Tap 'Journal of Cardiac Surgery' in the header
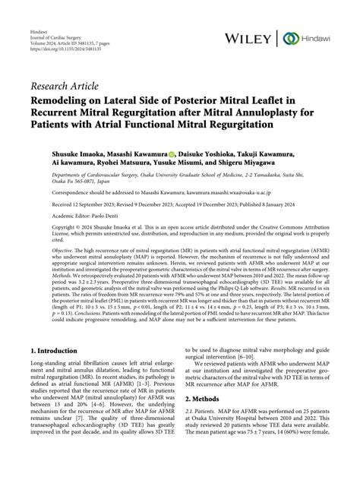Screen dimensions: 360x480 click(54, 20)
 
